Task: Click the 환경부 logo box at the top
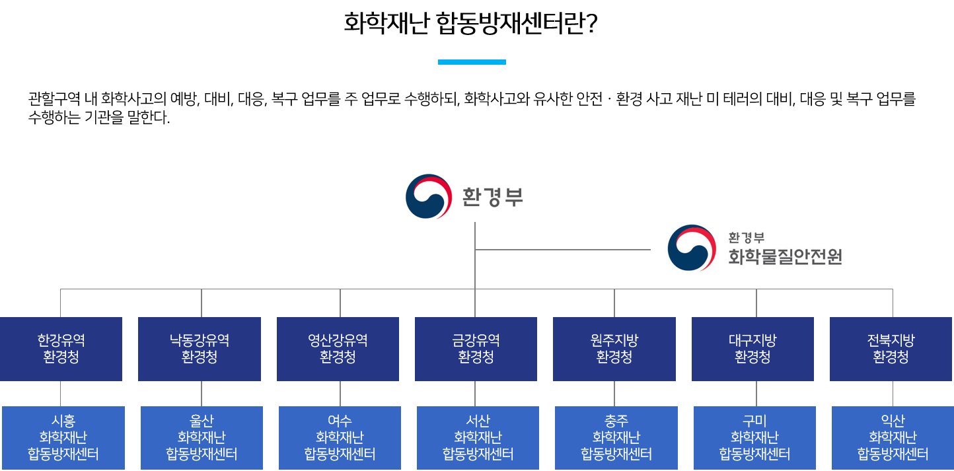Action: [x=466, y=196]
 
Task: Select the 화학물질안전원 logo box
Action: [x=756, y=247]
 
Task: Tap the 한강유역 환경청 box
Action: [x=61, y=349]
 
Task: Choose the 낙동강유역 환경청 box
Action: [x=200, y=349]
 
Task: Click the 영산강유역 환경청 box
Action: [x=338, y=349]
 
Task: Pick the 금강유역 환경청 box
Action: [x=476, y=349]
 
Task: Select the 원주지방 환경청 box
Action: [x=614, y=349]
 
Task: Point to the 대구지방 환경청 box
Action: [x=752, y=349]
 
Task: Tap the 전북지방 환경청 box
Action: [x=891, y=349]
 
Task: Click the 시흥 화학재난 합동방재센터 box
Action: [x=63, y=437]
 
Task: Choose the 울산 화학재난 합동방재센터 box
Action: [x=202, y=437]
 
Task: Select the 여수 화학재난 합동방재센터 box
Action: [x=340, y=437]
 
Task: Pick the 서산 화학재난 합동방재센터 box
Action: [x=478, y=437]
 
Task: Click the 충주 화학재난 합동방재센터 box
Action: [x=616, y=437]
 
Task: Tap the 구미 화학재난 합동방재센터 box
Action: [x=754, y=437]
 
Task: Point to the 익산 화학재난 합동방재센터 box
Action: [x=893, y=437]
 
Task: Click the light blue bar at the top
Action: [x=472, y=62]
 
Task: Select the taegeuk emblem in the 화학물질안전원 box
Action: [x=692, y=248]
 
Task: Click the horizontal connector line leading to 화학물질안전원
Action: [x=563, y=250]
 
